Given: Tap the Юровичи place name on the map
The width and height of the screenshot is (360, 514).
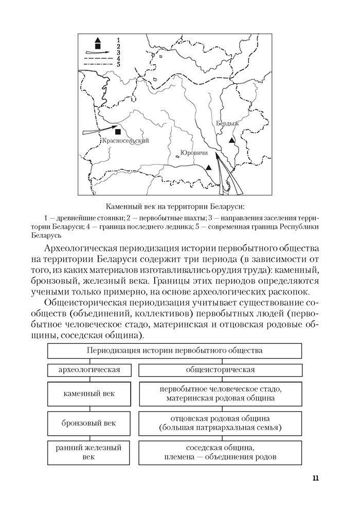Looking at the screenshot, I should [193, 153].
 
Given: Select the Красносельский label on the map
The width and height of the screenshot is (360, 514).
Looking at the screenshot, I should [125, 141].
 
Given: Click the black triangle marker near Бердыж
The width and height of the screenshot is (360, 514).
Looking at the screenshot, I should [232, 140].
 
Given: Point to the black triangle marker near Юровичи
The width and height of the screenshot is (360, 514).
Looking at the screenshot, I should [208, 167].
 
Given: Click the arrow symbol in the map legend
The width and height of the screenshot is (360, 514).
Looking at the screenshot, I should [97, 52].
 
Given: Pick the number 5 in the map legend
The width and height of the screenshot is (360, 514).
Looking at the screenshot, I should [118, 64].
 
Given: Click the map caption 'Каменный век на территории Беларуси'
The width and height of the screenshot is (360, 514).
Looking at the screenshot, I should [174, 206].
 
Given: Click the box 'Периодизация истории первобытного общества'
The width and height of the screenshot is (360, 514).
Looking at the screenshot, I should [175, 351].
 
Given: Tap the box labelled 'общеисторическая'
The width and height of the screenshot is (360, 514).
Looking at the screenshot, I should [220, 370].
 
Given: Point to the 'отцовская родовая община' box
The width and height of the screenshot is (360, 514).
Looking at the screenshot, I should [220, 423].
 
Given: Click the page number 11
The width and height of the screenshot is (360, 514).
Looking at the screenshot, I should [315, 479].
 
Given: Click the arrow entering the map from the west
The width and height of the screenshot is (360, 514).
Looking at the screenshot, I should [98, 131].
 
